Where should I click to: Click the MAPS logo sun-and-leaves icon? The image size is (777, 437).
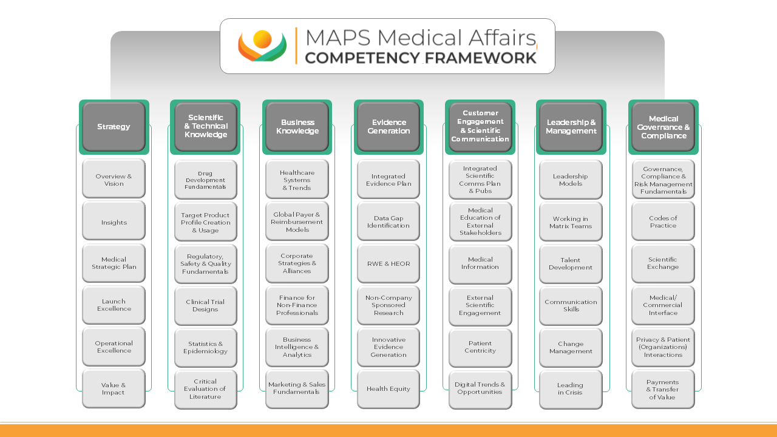coord(262,46)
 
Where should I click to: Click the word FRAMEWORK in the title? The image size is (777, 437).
coord(481,58)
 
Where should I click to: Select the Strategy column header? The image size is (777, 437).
coord(114,127)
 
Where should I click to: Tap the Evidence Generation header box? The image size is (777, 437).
coord(388,127)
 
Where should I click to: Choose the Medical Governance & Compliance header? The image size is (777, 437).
coord(663,127)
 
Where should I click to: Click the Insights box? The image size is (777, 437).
coord(114,221)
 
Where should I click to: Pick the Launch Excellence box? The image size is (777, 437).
coord(114,305)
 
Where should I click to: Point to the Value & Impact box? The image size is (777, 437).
coord(114,388)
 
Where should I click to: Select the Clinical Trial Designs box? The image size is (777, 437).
coord(206,305)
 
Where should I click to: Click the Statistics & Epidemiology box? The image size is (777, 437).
coord(206,348)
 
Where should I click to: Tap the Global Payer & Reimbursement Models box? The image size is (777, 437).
coord(297,222)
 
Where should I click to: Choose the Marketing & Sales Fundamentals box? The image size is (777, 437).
coord(297,389)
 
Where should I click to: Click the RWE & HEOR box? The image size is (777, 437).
coord(388,263)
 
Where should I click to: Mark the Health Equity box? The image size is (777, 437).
coord(388,389)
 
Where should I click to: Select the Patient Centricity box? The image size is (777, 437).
coord(480,348)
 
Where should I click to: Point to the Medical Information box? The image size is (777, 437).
coord(480,264)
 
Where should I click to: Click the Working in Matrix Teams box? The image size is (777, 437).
coord(571,222)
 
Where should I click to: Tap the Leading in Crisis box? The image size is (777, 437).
coord(571,390)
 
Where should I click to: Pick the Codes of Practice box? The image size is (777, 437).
coord(663,222)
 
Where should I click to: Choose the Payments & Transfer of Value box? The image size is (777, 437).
coord(663,389)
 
